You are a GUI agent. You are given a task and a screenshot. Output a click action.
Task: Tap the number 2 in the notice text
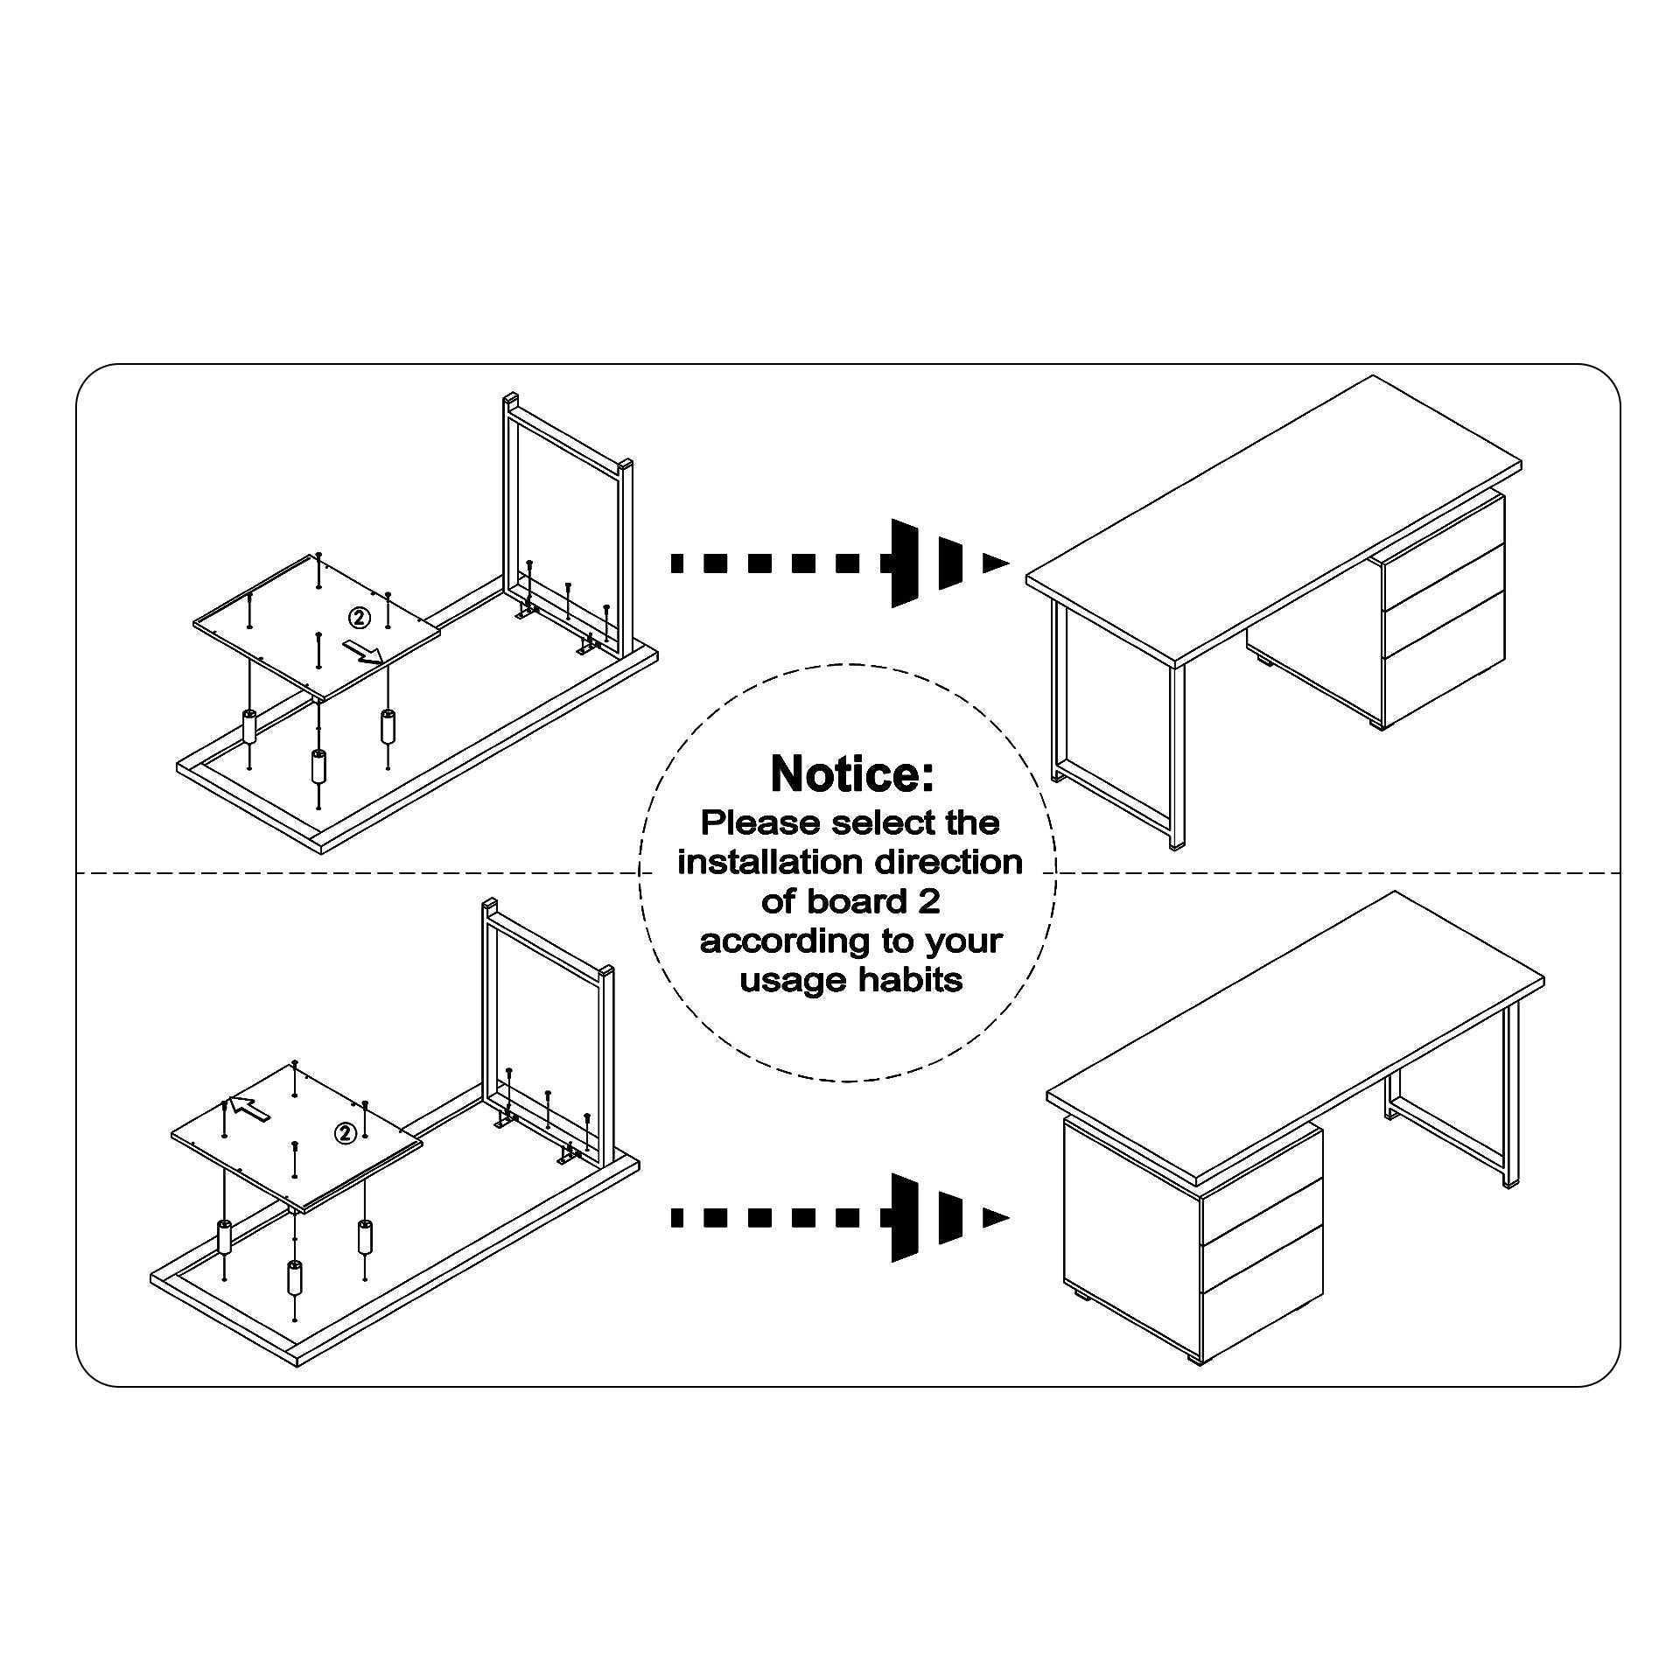click(929, 902)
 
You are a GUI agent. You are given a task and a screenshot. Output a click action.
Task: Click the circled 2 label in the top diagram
click(360, 618)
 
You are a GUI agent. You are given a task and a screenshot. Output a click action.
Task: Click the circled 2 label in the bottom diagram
click(346, 1134)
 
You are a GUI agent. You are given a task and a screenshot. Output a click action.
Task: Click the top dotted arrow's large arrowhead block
click(904, 563)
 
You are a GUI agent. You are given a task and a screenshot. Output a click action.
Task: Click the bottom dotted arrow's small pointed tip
click(996, 1218)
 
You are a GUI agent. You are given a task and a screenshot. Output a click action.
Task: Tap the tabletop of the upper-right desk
click(1274, 520)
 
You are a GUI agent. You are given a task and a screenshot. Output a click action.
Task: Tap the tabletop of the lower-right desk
click(1296, 1040)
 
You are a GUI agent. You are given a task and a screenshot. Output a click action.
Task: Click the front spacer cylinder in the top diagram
click(318, 766)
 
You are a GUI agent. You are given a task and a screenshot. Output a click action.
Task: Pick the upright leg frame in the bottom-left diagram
click(548, 1036)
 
